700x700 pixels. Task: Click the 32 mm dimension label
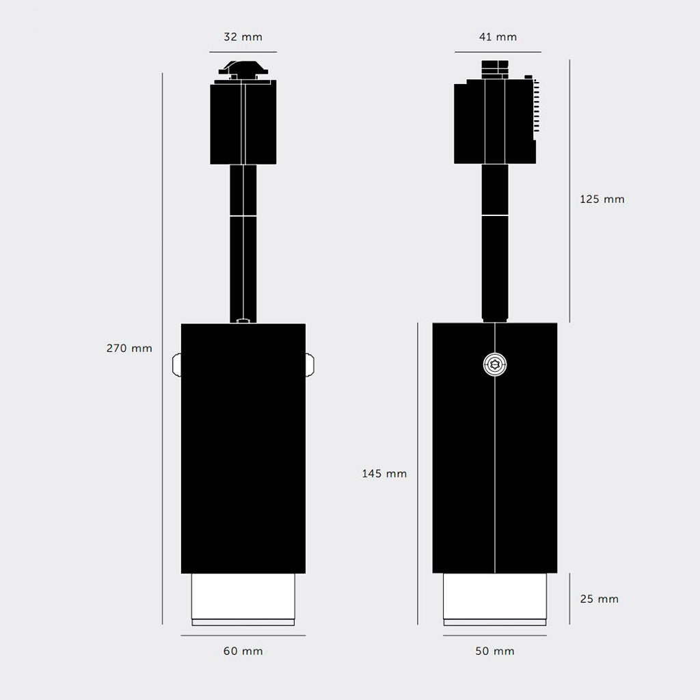(x=243, y=37)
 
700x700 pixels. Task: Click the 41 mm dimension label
(x=498, y=37)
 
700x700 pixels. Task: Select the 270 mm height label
(x=129, y=348)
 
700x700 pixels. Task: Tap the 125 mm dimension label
(x=602, y=200)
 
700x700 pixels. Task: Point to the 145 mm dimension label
(x=384, y=474)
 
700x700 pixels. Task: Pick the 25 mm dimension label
(x=599, y=599)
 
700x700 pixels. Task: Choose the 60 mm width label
(x=243, y=651)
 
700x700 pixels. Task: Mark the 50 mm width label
(x=495, y=651)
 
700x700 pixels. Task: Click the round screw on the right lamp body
(x=494, y=364)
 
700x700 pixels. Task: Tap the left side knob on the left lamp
(x=176, y=364)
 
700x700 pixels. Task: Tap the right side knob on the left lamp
(x=310, y=364)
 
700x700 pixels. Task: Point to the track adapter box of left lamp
(x=243, y=123)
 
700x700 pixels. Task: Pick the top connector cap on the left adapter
(x=243, y=68)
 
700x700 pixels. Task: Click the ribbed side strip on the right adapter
(x=537, y=106)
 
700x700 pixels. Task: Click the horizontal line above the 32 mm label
(x=243, y=52)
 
